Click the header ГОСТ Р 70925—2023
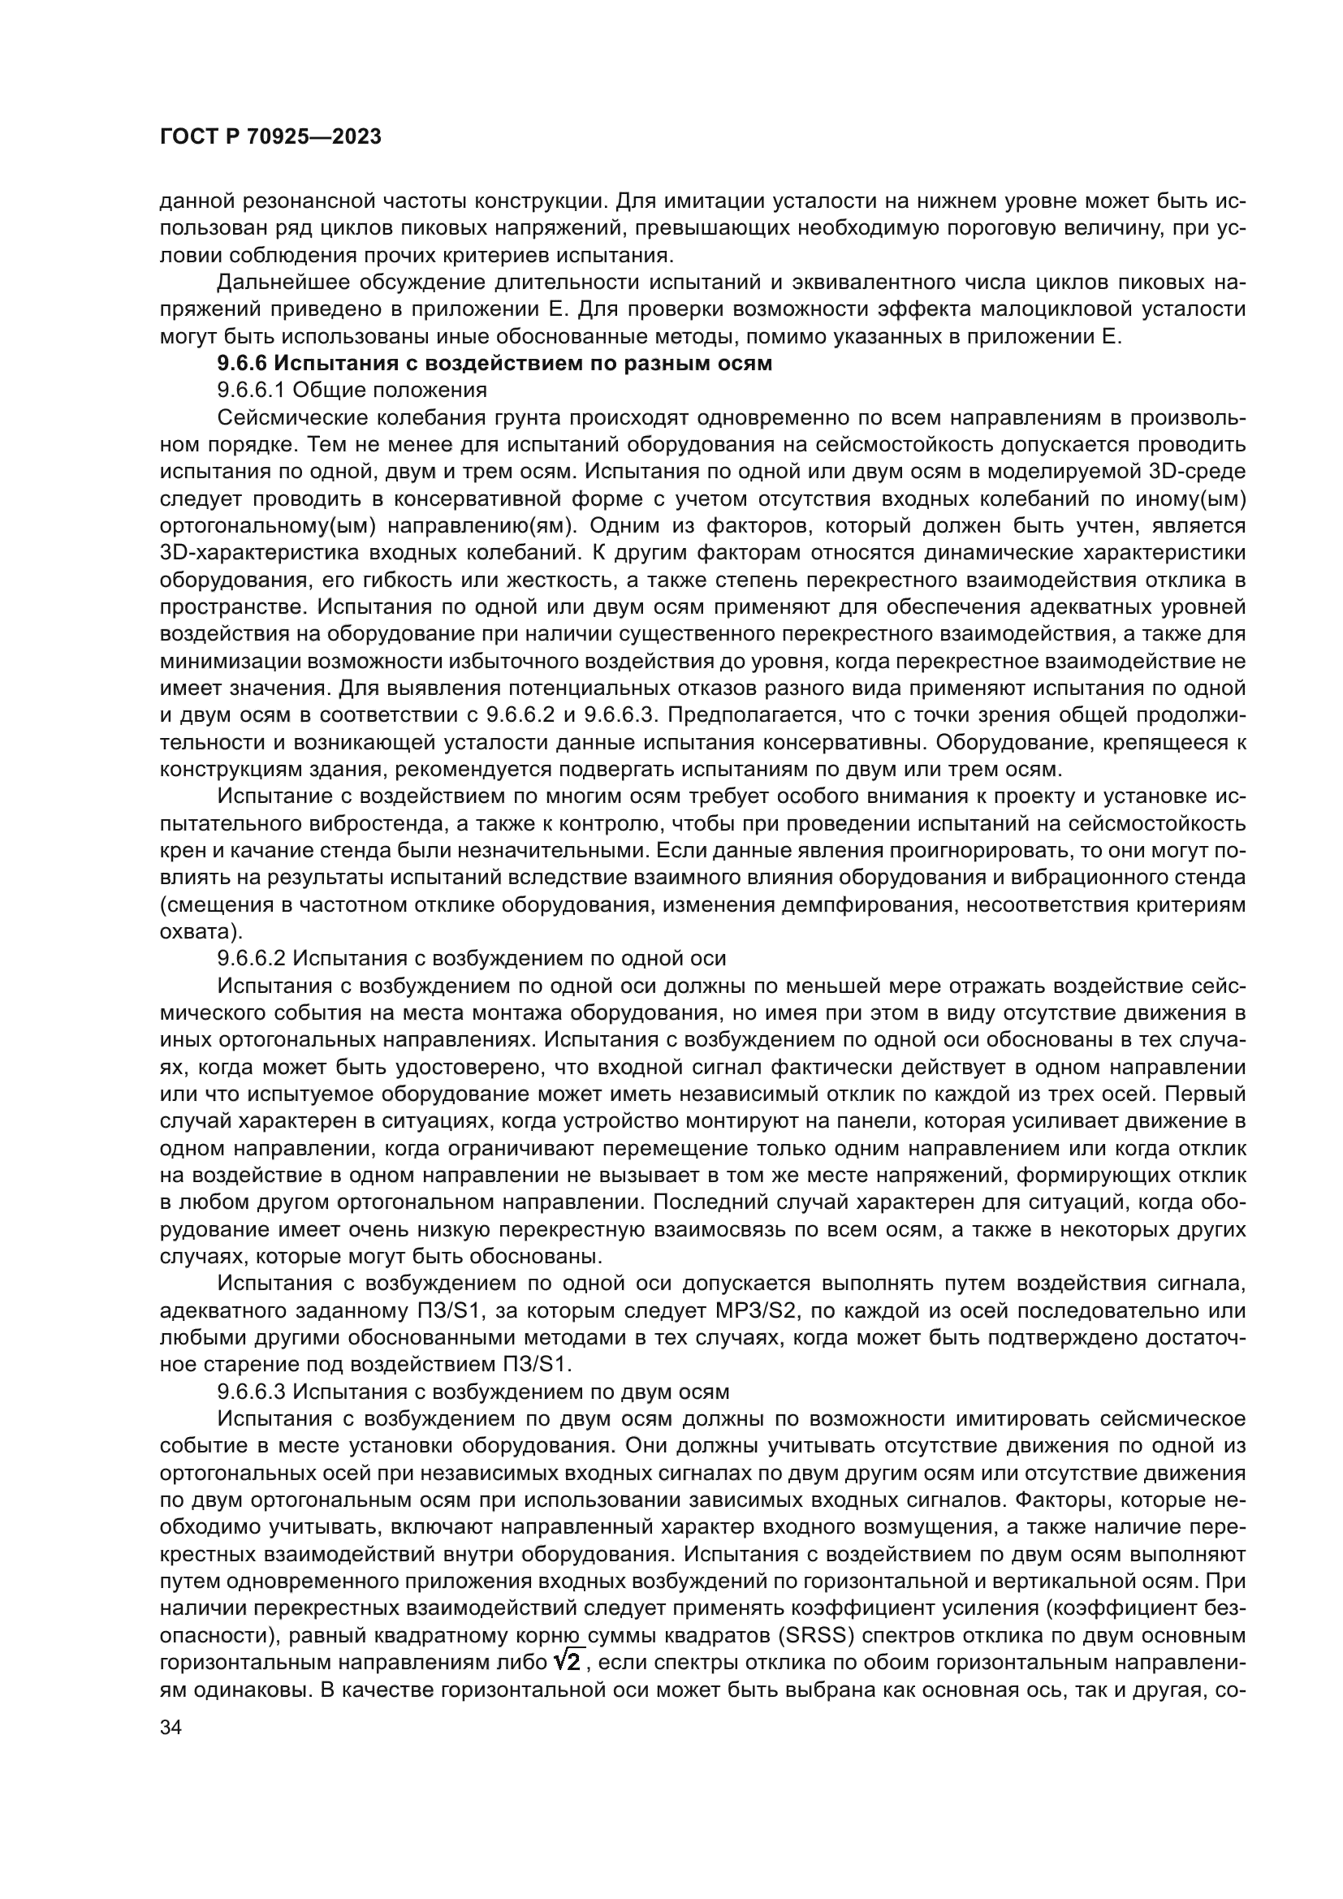[270, 137]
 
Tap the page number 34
[171, 1727]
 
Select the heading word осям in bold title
[743, 363]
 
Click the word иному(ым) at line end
[1200, 498]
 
